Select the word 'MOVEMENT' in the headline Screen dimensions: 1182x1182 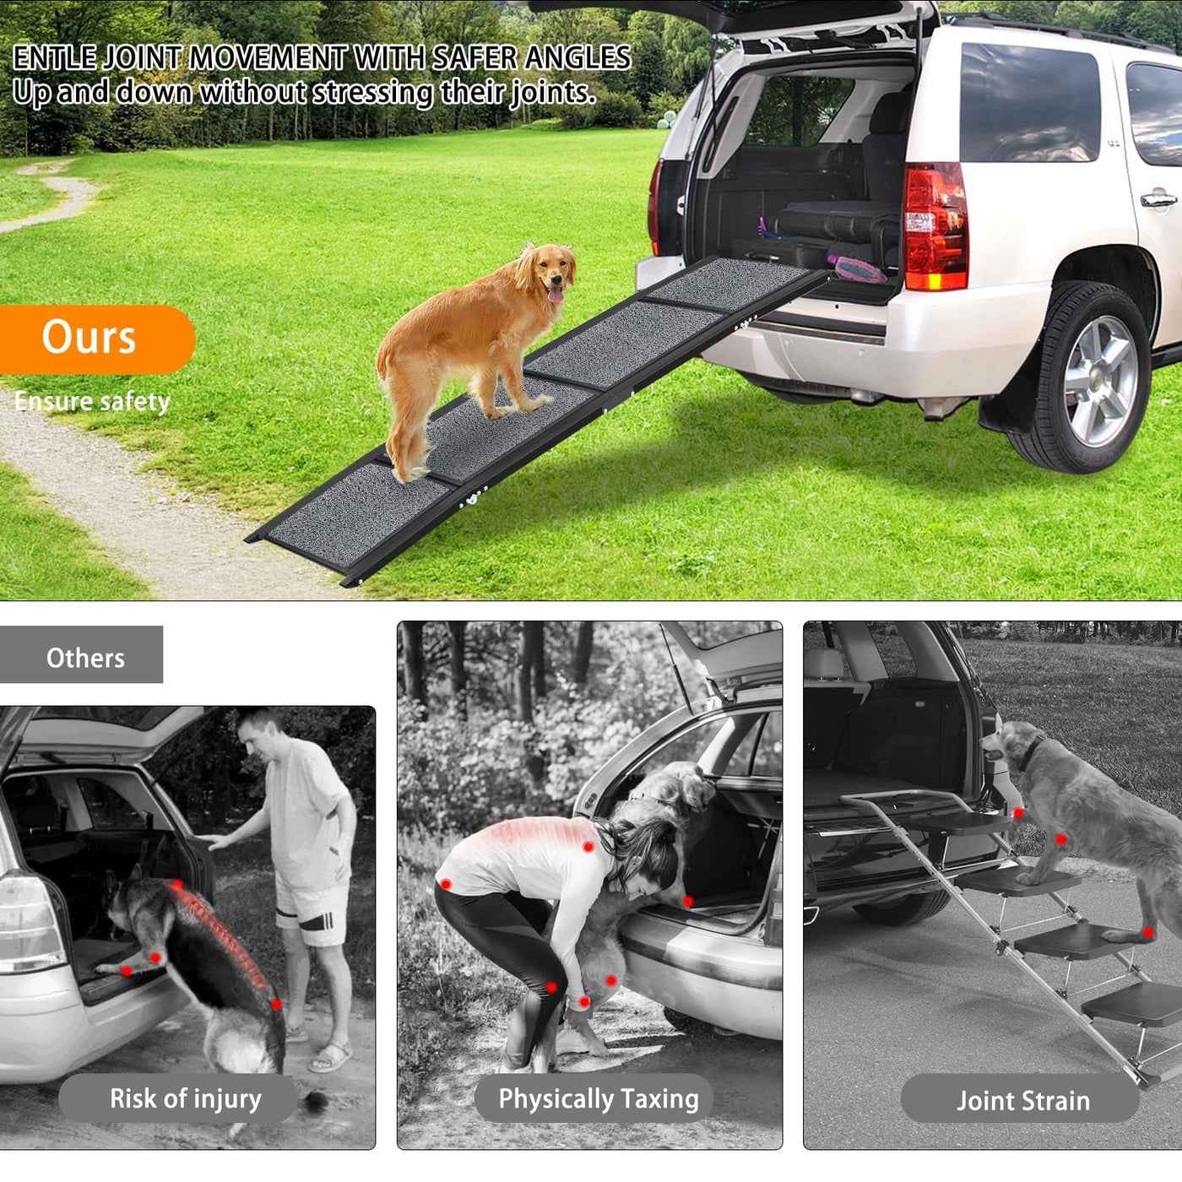[267, 57]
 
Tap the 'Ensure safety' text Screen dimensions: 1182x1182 [92, 402]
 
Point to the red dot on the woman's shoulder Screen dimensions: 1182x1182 [588, 847]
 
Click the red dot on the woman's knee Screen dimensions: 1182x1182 [550, 988]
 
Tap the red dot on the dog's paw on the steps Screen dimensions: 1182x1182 [1147, 934]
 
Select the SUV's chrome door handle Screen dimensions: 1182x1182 [1158, 200]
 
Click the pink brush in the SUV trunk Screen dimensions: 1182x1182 [856, 268]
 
